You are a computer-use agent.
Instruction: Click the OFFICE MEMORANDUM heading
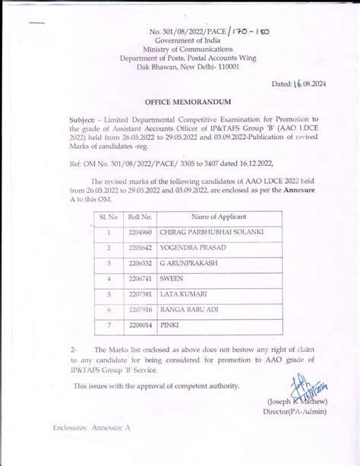pyautogui.click(x=180, y=100)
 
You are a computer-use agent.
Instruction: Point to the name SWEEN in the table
pyautogui.click(x=172, y=279)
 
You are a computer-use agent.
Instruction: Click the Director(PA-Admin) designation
pyautogui.click(x=295, y=411)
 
